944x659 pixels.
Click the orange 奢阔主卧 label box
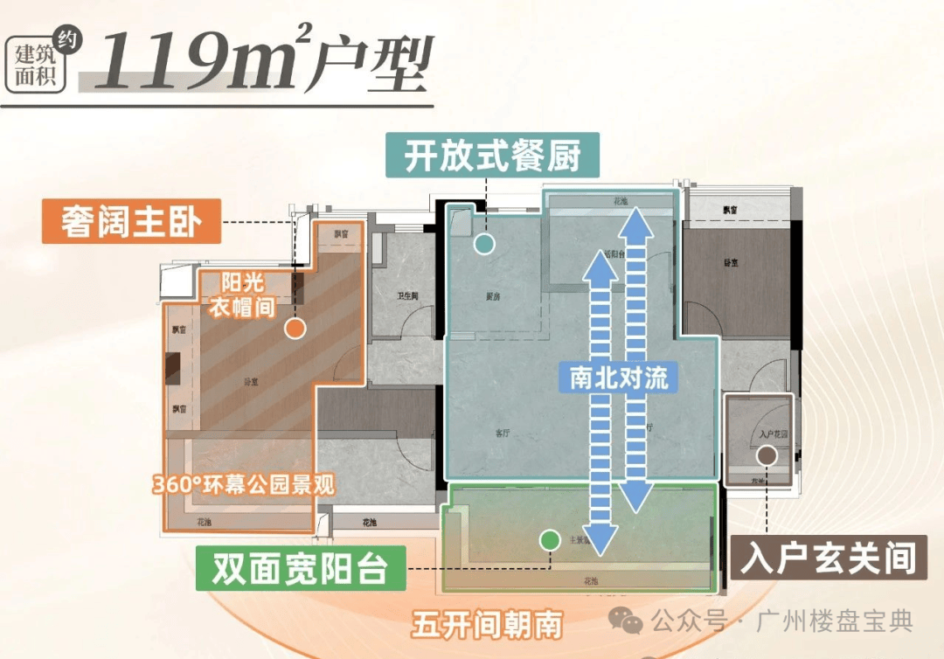pos(131,224)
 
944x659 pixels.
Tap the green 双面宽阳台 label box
pos(300,570)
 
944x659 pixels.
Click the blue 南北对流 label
pos(619,378)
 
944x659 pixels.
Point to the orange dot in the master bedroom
pos(295,329)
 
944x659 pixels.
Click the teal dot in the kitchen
pos(483,244)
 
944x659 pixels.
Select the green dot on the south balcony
pos(549,540)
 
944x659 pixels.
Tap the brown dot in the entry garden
pos(767,454)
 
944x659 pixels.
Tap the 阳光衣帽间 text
pos(242,295)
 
